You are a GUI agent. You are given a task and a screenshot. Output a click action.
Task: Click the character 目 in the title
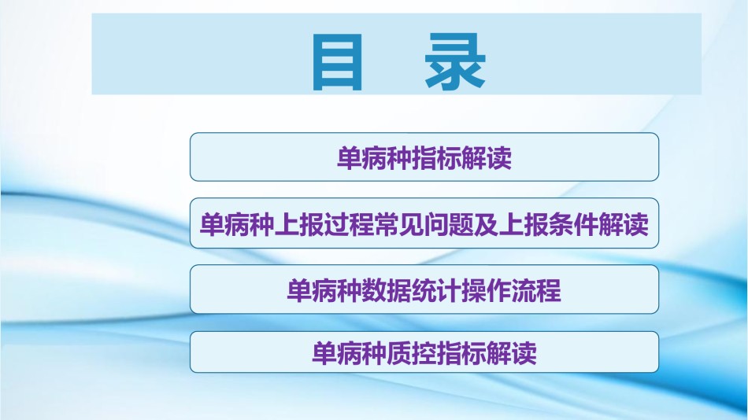[x=338, y=61]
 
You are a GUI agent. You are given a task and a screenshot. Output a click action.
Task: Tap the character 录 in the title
[x=455, y=61]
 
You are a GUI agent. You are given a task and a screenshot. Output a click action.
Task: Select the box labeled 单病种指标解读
[x=424, y=157]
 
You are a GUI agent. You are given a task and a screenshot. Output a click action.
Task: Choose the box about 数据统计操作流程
[x=424, y=289]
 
